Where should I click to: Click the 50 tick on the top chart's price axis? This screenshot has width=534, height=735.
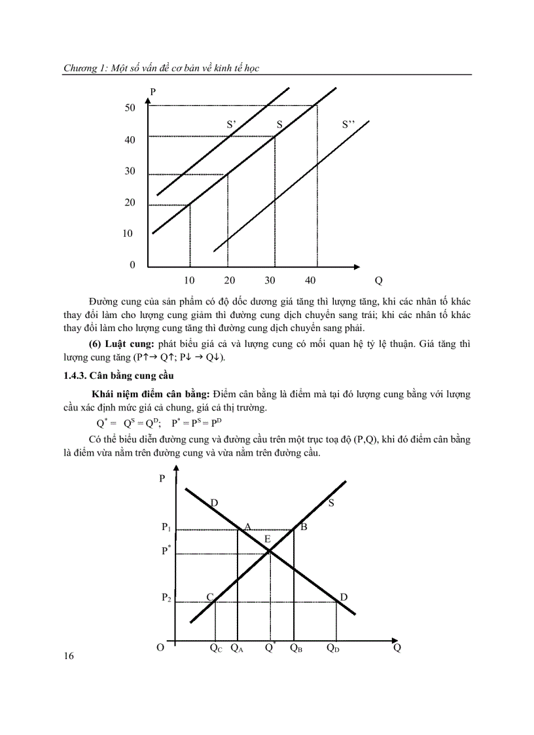[130, 107]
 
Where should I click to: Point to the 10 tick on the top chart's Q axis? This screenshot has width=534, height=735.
[190, 280]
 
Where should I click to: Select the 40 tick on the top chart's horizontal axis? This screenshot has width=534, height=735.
[310, 280]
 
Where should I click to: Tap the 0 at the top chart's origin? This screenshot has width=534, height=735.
[132, 265]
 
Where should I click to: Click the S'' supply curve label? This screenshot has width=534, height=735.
[349, 124]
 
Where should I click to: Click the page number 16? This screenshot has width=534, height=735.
[69, 656]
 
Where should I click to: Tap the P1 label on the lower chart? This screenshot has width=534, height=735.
[166, 527]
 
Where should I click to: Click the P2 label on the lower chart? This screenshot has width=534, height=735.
[166, 598]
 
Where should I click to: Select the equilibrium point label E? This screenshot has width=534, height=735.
[267, 539]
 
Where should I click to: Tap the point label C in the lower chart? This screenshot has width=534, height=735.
[210, 597]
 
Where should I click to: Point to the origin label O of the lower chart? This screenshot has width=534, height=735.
[160, 648]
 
